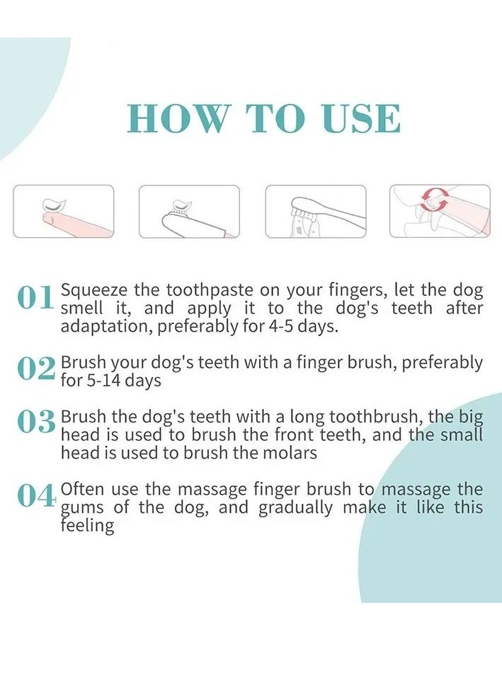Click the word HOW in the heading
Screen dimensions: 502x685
coord(178,118)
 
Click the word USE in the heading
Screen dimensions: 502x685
coord(361,118)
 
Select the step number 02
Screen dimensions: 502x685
coord(37,369)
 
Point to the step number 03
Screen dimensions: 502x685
coord(37,422)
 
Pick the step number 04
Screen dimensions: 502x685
coord(37,496)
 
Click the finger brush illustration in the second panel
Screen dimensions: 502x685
coord(193,219)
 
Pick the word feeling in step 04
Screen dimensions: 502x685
coord(87,526)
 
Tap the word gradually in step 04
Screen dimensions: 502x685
coord(295,508)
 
